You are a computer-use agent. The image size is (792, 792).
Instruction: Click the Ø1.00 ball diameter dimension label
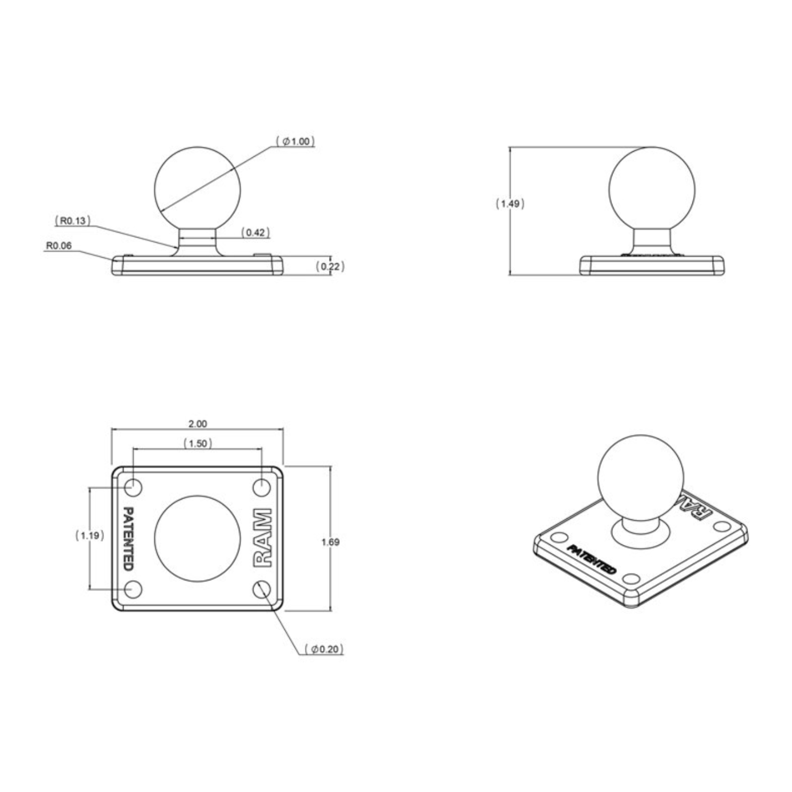[x=295, y=142]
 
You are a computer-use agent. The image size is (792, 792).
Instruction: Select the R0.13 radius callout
[x=73, y=221]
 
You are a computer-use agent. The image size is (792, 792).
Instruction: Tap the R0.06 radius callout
[x=59, y=246]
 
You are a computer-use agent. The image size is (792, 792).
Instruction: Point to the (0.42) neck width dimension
[x=255, y=232]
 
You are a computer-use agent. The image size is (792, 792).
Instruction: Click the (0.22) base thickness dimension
[x=330, y=266]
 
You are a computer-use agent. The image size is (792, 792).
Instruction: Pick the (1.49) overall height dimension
[x=510, y=203]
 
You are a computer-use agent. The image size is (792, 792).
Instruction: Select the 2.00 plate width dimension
[x=198, y=424]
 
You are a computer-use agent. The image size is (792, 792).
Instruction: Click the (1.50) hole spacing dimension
[x=198, y=443]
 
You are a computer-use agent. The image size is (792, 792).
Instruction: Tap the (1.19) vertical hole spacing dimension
[x=90, y=535]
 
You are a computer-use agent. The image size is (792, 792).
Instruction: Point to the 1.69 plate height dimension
[x=330, y=542]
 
